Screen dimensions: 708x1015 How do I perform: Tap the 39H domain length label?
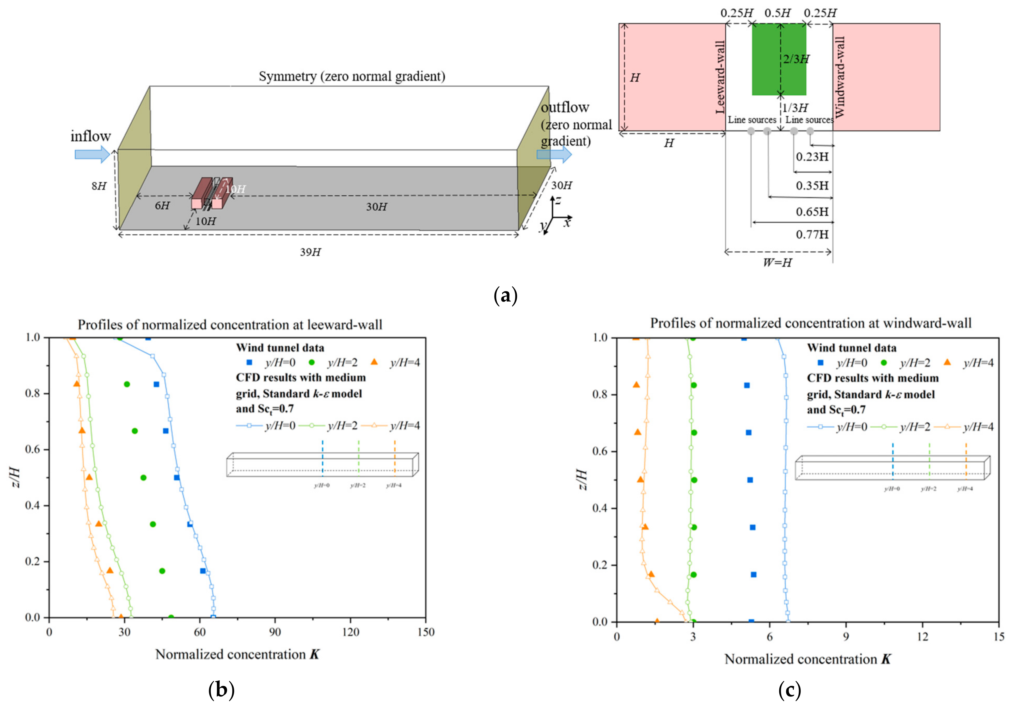pyautogui.click(x=311, y=252)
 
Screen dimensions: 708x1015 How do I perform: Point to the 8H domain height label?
pyautogui.click(x=99, y=186)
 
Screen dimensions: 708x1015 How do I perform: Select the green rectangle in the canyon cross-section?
pyautogui.click(x=779, y=59)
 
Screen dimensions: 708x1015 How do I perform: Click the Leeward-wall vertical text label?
pyautogui.click(x=720, y=77)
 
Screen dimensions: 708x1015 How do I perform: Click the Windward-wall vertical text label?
pyautogui.click(x=840, y=77)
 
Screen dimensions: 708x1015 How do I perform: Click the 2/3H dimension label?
pyautogui.click(x=796, y=59)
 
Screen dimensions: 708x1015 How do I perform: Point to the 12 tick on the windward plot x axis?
pyautogui.click(x=922, y=637)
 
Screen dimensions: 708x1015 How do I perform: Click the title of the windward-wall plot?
pyautogui.click(x=811, y=323)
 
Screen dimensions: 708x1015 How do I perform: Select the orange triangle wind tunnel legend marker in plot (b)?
pyautogui.click(x=374, y=362)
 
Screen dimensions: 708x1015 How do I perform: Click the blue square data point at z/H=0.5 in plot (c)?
pyautogui.click(x=750, y=480)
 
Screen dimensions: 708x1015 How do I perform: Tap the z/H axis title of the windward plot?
pyautogui.click(x=583, y=479)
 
